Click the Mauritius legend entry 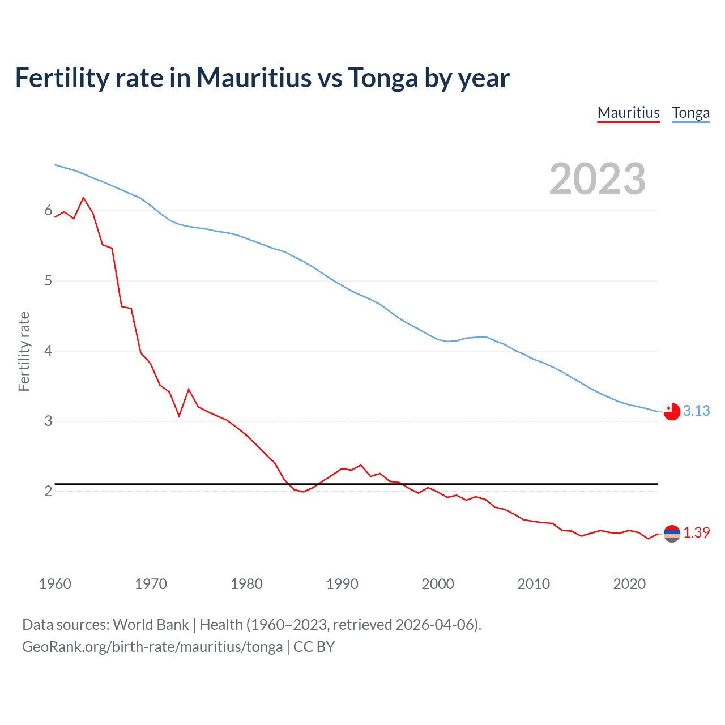coord(628,113)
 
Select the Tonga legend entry coord(690,113)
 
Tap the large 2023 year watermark coord(597,179)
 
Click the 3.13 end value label coord(696,411)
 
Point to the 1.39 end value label coord(696,532)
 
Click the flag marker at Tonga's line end coord(672,412)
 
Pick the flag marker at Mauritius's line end coord(672,534)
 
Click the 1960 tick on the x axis coord(55,584)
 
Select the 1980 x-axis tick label coord(246,584)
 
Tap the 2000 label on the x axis coord(438,584)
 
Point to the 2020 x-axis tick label coord(629,584)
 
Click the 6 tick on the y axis coord(48,211)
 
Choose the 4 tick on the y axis coord(48,351)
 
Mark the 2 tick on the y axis coord(48,491)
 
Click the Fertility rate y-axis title coord(24,351)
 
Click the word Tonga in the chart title coord(382,78)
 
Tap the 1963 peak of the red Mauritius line coord(84,198)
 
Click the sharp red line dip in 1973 coord(179,416)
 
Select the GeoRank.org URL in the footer coord(152,646)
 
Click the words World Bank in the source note coord(151,625)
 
